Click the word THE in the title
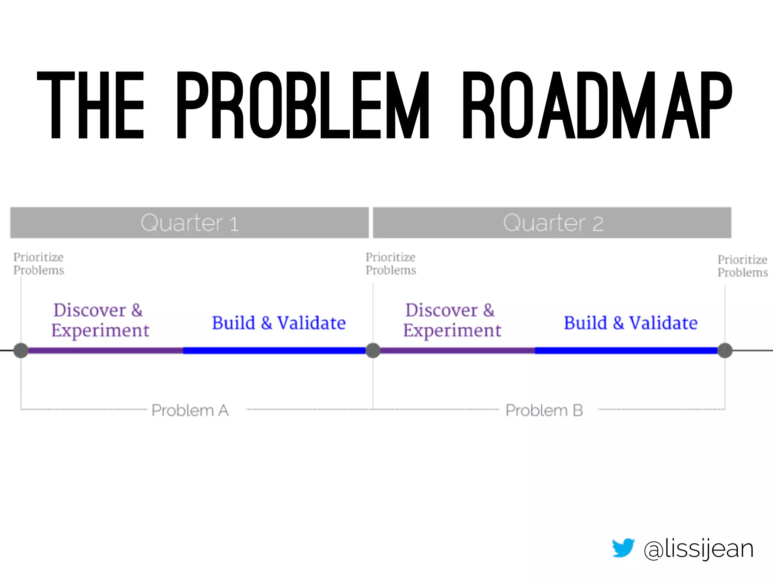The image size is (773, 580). click(91, 105)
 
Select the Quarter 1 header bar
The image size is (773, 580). click(189, 223)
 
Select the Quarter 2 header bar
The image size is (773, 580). click(552, 223)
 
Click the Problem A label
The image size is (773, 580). click(190, 410)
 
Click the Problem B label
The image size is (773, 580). click(544, 410)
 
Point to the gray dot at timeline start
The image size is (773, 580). click(21, 350)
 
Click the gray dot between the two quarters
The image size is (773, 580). click(373, 350)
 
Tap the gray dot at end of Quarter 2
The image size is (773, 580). click(725, 350)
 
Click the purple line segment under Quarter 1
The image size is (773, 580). click(106, 350)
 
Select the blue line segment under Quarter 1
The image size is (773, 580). click(274, 350)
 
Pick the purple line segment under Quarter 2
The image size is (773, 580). click(457, 350)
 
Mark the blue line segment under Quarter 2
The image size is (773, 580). click(626, 350)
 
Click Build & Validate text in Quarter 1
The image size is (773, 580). click(279, 323)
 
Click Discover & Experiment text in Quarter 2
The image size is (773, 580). click(452, 320)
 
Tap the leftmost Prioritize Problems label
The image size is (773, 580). click(38, 264)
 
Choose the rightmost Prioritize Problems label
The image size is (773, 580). click(742, 266)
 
